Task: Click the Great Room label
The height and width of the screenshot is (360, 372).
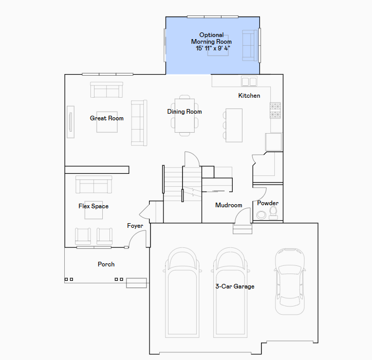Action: (x=107, y=118)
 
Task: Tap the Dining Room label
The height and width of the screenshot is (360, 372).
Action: (x=184, y=112)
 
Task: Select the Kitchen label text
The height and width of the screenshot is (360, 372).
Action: (x=249, y=96)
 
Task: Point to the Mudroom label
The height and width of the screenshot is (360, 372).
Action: (x=229, y=205)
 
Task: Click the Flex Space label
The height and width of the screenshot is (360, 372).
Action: (x=94, y=206)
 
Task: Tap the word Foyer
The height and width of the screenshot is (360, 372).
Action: (x=135, y=226)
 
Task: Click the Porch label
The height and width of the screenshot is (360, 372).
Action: (x=106, y=264)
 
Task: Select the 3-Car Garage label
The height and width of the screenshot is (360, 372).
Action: (x=235, y=286)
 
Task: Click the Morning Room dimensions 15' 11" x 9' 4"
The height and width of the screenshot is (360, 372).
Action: (x=213, y=48)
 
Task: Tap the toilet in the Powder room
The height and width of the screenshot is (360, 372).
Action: (x=273, y=212)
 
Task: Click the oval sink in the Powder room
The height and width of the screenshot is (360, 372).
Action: (x=261, y=215)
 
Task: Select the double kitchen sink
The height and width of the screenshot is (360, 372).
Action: (x=249, y=81)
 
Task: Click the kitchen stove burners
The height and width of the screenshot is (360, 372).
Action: (x=275, y=111)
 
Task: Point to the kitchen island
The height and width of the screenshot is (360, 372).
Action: (x=234, y=125)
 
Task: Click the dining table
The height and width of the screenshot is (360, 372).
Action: (x=184, y=115)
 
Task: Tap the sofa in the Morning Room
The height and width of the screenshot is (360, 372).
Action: (x=250, y=45)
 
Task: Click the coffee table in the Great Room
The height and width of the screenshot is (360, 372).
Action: (x=107, y=122)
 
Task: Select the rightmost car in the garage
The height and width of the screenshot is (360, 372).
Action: (x=290, y=282)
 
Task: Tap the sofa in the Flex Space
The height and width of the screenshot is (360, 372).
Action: (x=94, y=185)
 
